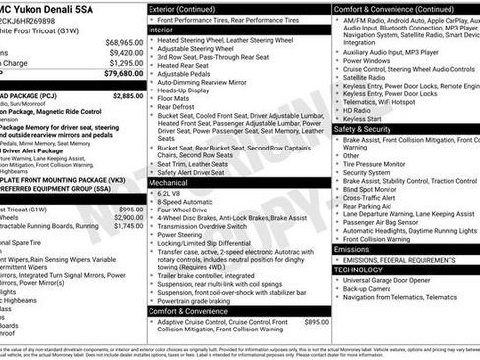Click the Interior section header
pos(163,30)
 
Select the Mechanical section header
pos(170,183)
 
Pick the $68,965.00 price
pos(123,42)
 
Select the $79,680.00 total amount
pos(123,73)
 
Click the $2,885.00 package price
pos(128,96)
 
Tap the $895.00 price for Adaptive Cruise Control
pos(317,322)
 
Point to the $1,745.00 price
pos(130,225)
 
